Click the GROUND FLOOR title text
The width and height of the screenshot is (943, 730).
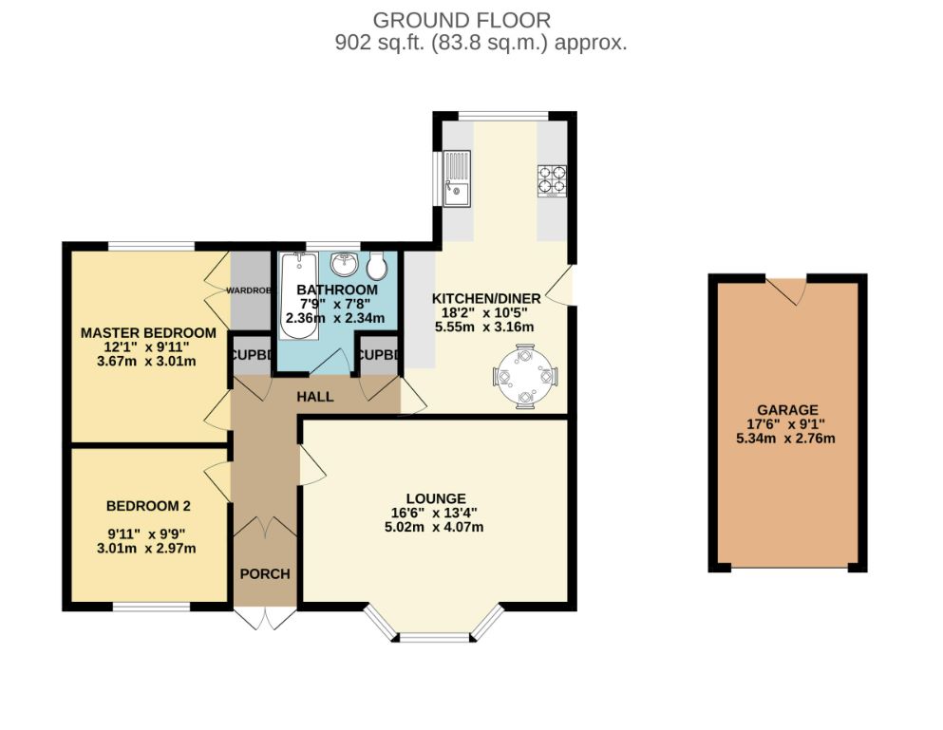(462, 21)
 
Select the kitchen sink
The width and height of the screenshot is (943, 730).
(457, 178)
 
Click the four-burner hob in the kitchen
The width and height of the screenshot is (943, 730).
(552, 181)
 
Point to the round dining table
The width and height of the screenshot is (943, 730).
(525, 377)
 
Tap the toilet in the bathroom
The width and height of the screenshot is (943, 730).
(376, 266)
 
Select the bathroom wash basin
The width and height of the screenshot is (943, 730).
(344, 263)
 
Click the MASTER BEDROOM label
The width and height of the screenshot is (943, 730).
(148, 332)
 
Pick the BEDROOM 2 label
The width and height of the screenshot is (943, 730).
(148, 506)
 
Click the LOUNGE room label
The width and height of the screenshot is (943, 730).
(436, 498)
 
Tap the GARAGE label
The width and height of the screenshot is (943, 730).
(787, 409)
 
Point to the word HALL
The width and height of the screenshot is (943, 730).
(315, 396)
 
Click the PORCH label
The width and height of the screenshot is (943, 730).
(265, 573)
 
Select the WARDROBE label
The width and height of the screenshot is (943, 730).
(248, 290)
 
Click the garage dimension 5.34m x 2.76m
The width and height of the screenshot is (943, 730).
(785, 439)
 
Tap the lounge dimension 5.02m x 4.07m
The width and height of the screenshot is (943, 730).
(434, 528)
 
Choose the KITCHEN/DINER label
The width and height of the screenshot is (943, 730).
(486, 298)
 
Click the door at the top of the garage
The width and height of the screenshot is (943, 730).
(786, 290)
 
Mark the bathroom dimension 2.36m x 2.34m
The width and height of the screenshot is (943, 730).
(335, 318)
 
